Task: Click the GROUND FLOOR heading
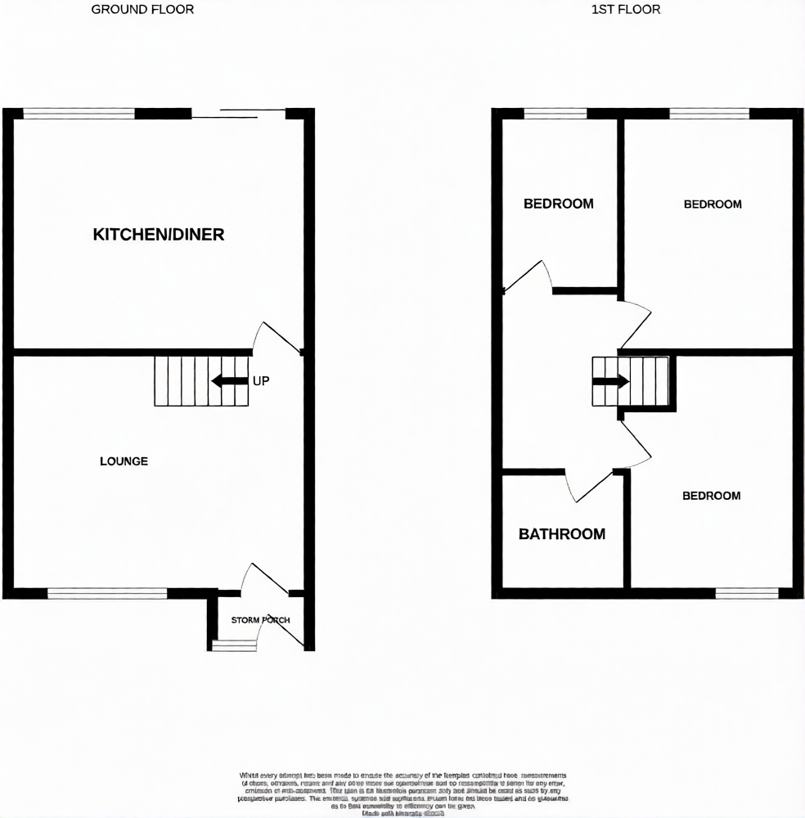(x=142, y=10)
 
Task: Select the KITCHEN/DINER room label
(x=159, y=235)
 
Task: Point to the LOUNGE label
(x=124, y=461)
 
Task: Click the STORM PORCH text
(x=260, y=620)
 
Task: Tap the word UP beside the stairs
(x=261, y=381)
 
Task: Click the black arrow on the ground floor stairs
(x=230, y=381)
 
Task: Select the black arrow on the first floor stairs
(x=610, y=381)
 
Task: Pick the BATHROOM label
(x=562, y=534)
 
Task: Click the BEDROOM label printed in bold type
(x=559, y=204)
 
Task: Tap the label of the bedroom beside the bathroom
(x=712, y=496)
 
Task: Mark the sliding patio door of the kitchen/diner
(x=238, y=114)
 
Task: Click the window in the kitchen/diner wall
(x=79, y=114)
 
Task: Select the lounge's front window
(x=107, y=594)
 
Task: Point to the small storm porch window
(x=234, y=646)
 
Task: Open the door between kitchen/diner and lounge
(x=276, y=335)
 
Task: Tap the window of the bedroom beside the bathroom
(x=746, y=594)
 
